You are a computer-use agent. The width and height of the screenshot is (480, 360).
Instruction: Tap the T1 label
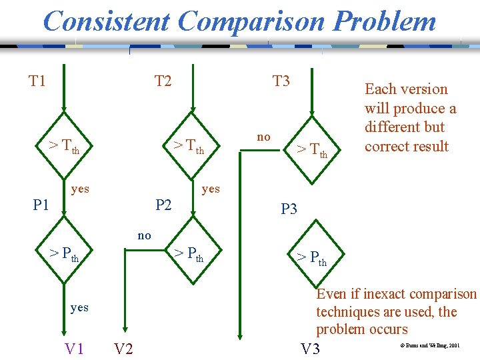[37, 81]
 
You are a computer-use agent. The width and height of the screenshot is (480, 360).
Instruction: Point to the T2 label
[163, 81]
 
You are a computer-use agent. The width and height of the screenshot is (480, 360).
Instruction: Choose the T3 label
[281, 81]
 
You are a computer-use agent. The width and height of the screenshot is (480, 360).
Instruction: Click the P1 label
[41, 205]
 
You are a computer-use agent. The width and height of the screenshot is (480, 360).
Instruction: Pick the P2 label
[163, 205]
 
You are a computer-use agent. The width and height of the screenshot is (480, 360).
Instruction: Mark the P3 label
[289, 209]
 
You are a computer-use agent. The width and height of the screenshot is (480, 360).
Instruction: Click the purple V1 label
[74, 348]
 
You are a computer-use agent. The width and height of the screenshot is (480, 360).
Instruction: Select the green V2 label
[123, 349]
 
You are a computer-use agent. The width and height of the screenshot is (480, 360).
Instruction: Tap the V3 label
[310, 349]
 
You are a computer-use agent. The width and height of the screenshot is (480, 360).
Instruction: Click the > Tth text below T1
[64, 145]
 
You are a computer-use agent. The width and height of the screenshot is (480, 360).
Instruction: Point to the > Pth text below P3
[311, 257]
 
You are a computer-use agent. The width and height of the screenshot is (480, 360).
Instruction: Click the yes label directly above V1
[79, 307]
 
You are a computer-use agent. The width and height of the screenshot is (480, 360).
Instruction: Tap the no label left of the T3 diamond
[264, 137]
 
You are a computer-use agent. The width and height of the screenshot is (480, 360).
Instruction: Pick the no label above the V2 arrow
[144, 235]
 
